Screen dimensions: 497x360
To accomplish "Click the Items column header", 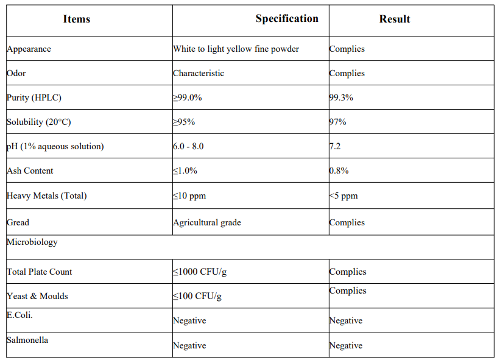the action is [76, 19].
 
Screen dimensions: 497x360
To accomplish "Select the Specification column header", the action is [287, 19].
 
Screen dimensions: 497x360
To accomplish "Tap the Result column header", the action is [395, 19].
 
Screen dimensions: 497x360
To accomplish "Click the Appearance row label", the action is [29, 49].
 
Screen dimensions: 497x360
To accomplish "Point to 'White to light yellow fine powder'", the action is [236, 49].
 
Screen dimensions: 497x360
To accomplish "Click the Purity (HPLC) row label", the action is [34, 97].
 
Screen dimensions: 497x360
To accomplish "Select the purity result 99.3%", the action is [341, 97].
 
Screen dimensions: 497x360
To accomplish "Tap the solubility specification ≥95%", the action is [184, 122].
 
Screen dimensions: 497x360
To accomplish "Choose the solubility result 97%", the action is [337, 122].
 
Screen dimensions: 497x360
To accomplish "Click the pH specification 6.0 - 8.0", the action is [188, 146].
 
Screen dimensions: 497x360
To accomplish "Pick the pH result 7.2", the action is [335, 146].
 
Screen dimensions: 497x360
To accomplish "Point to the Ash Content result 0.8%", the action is [339, 171].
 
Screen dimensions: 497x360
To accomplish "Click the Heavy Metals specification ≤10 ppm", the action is [189, 196].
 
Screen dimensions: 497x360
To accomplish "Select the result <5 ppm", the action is [344, 196].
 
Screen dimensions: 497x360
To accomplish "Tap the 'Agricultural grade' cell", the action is [207, 223].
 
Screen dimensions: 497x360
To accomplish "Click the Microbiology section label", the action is [32, 242].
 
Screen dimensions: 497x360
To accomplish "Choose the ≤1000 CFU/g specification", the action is [200, 272].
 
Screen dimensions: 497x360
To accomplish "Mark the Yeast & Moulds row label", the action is [37, 296].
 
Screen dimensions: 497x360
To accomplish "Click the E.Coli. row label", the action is [19, 315].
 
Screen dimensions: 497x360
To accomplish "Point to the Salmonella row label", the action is [27, 340].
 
